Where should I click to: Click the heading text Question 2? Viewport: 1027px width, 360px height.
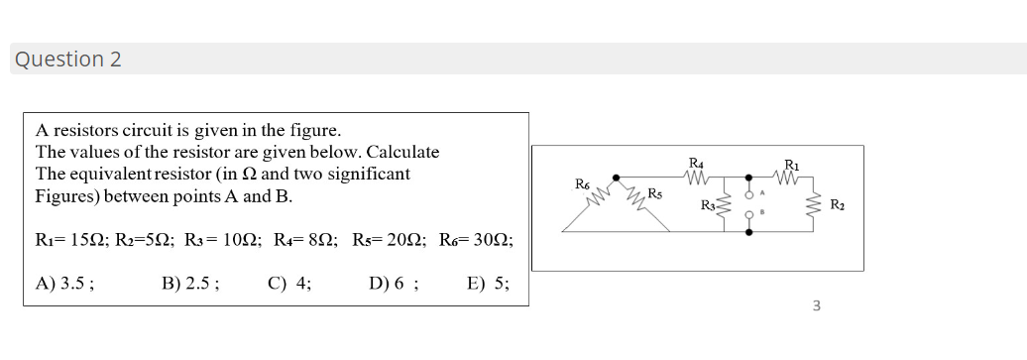click(x=67, y=60)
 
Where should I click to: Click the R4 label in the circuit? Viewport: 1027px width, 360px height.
click(x=696, y=163)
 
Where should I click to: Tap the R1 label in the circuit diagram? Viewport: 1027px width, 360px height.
click(x=791, y=165)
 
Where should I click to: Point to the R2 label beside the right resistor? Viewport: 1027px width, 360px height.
click(x=838, y=206)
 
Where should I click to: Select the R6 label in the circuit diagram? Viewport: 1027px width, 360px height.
click(x=583, y=183)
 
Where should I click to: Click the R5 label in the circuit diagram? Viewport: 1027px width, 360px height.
click(x=654, y=192)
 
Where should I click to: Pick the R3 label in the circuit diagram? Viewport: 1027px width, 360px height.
click(x=708, y=206)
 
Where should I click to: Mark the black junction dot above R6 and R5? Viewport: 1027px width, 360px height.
click(x=616, y=179)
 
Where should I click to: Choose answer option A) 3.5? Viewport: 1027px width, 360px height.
click(x=65, y=283)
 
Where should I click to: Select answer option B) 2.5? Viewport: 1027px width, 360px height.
click(x=190, y=283)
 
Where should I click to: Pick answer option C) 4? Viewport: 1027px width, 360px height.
click(x=289, y=283)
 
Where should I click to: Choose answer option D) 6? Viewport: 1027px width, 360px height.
click(x=393, y=283)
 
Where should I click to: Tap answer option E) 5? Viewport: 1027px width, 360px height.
click(x=488, y=283)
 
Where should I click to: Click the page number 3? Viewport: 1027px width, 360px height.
click(x=816, y=305)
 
